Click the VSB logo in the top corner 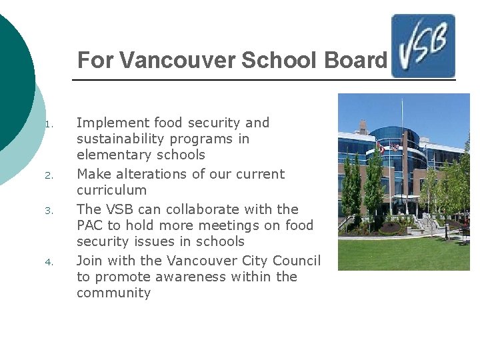coord(423,46)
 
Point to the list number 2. coord(48,176)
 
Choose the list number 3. coord(48,211)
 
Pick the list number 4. coord(48,262)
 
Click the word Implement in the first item coord(113,123)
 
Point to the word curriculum coord(111,190)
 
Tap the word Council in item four coord(295,261)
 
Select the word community coord(114,293)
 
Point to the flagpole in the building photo coord(402,133)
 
